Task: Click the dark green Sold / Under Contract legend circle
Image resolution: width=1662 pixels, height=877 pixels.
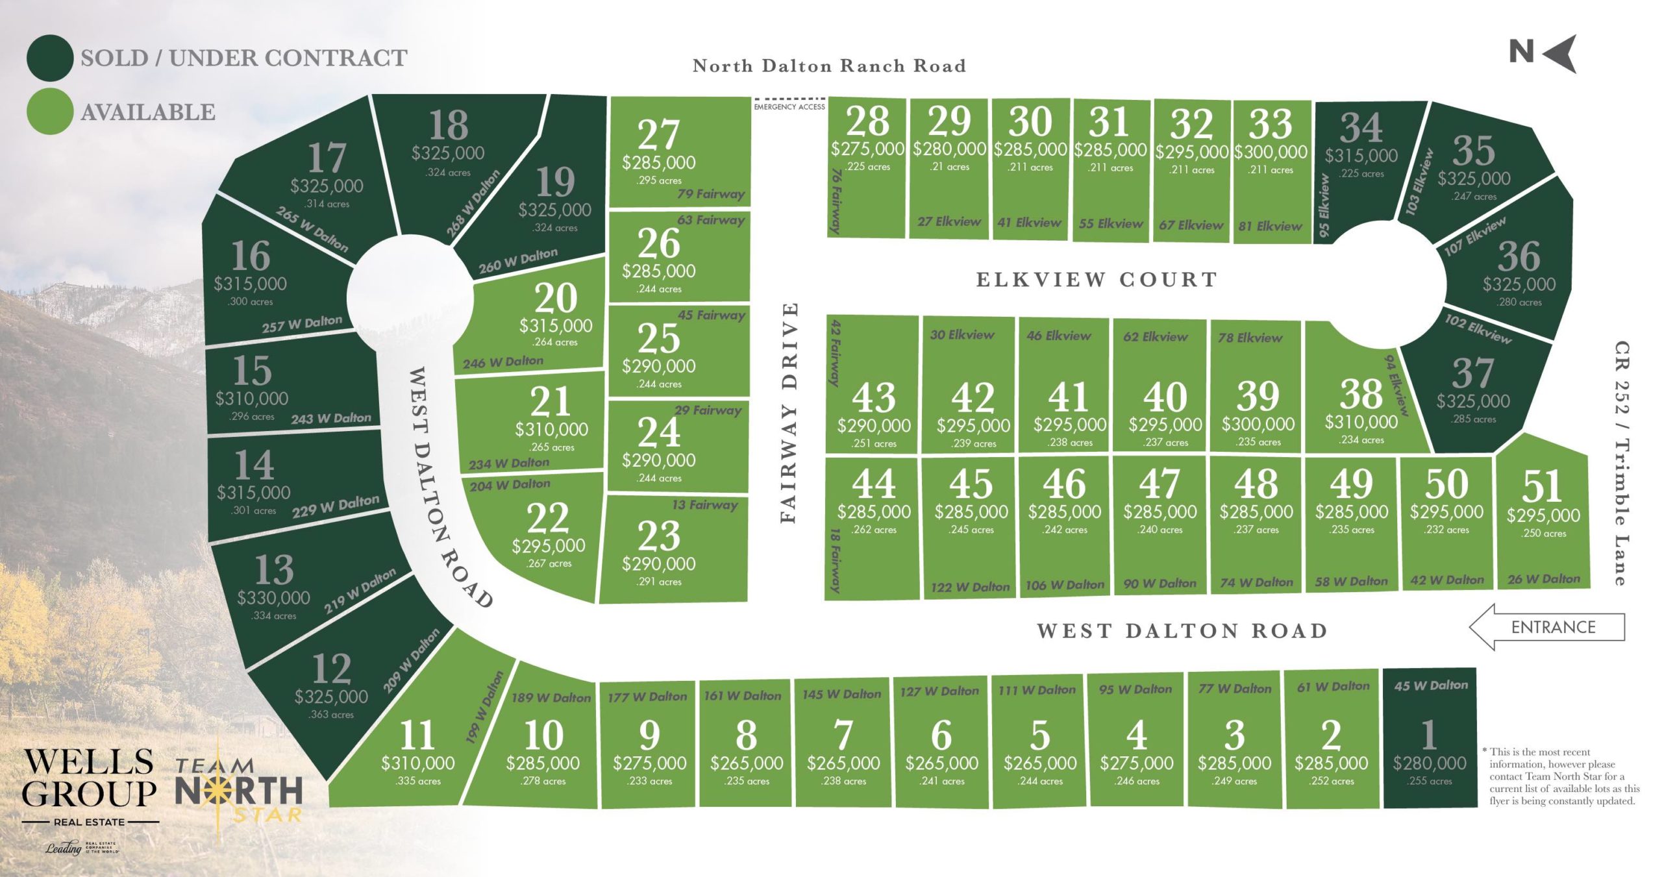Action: point(49,58)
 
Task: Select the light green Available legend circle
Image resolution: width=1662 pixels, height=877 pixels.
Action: point(49,112)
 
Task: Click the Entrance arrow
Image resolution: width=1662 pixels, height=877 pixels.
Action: point(1547,627)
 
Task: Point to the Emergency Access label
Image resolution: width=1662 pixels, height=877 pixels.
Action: point(789,106)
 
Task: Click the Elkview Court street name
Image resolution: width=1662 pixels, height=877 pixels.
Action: point(1097,280)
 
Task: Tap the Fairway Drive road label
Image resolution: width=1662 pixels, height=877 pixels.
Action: point(788,412)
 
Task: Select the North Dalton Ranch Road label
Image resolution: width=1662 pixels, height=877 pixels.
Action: point(829,66)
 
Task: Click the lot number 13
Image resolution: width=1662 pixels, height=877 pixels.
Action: point(273,570)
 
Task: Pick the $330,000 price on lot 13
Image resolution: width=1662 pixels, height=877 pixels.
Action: point(273,597)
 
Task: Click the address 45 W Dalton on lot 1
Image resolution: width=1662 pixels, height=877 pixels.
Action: point(1430,686)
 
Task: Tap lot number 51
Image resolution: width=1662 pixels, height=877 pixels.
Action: point(1542,487)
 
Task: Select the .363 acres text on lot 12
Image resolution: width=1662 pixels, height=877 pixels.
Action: point(331,715)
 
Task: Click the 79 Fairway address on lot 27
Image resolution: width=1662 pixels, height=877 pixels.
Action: point(710,193)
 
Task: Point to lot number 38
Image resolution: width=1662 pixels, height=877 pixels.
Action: point(1361,394)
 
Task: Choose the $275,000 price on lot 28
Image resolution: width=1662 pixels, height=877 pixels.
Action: point(867,149)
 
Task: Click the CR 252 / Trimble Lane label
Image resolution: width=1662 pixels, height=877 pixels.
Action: point(1622,463)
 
